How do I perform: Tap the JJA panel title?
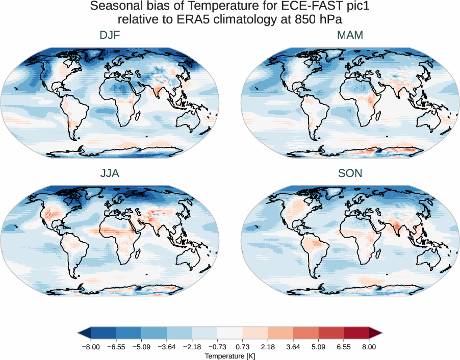110,173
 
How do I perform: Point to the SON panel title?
350,173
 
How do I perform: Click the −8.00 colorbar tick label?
91,347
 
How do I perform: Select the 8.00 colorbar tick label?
369,347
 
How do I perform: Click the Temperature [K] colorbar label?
229,356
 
